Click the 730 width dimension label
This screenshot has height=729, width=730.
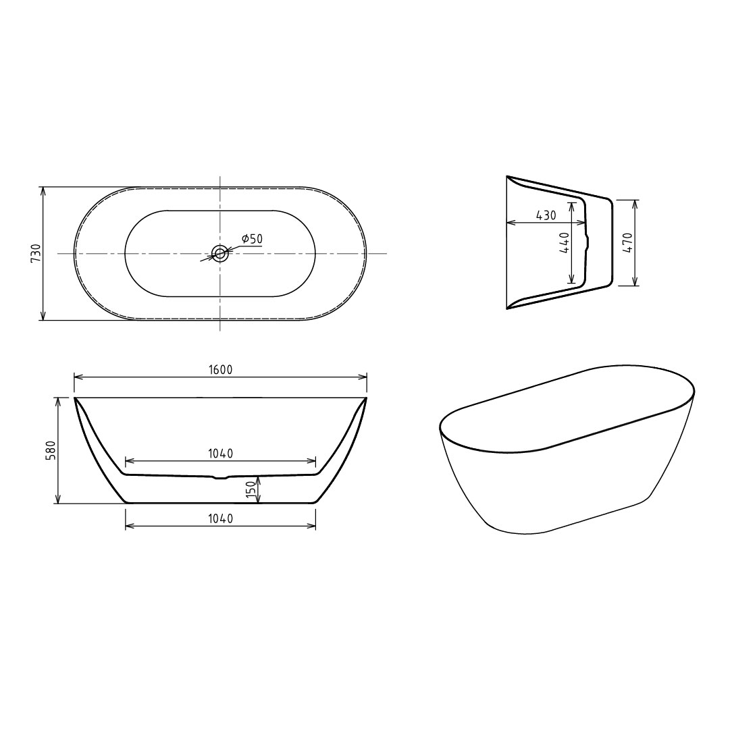[x=36, y=254]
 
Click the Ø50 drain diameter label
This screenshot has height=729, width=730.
[x=252, y=239]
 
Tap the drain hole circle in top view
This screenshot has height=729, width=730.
[x=219, y=253]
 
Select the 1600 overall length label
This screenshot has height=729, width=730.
[x=221, y=370]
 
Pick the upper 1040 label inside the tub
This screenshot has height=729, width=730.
[x=221, y=454]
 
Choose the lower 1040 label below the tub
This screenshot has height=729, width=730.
[x=221, y=518]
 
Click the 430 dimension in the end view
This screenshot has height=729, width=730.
[x=546, y=215]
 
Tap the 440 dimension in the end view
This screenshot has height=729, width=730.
[x=565, y=242]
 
